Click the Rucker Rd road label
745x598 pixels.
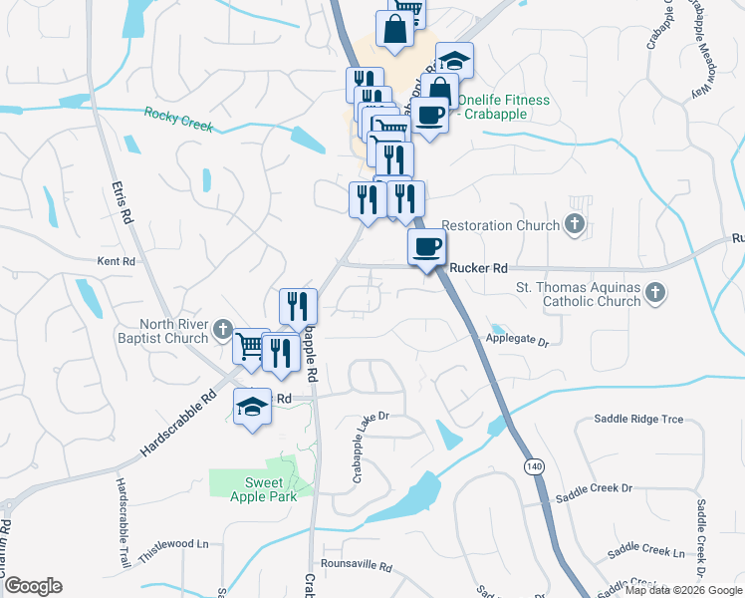[479, 268]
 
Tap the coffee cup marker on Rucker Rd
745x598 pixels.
[426, 247]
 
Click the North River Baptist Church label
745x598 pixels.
[159, 331]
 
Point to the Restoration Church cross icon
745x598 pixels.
[575, 225]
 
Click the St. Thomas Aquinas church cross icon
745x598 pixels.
[654, 294]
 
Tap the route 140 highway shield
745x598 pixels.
[536, 465]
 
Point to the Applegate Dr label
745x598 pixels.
[517, 341]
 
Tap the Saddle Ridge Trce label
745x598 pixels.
[638, 420]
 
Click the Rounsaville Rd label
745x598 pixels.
[358, 565]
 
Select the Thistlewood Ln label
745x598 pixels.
[174, 544]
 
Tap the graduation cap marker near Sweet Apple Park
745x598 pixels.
[252, 407]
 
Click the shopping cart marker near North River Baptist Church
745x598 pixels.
[250, 347]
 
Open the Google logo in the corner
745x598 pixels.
[33, 586]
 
